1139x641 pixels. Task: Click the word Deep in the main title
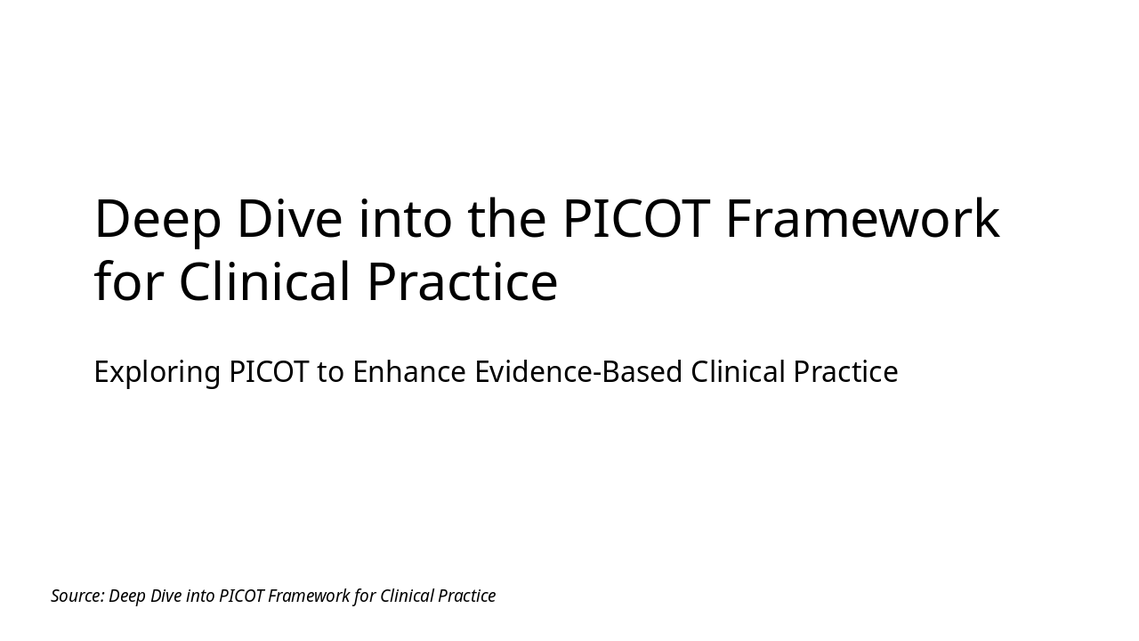click(x=157, y=219)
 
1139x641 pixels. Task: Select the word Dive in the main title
click(x=289, y=219)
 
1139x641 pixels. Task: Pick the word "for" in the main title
click(x=129, y=281)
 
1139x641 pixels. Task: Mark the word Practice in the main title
click(x=462, y=281)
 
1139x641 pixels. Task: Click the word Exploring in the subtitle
click(x=157, y=372)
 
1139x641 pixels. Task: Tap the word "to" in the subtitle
click(x=330, y=372)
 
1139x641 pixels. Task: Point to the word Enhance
click(x=409, y=372)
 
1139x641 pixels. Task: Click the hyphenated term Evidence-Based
click(x=578, y=372)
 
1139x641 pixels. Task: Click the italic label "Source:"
click(x=77, y=596)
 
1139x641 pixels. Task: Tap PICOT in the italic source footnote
click(x=241, y=596)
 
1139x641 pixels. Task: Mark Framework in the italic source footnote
click(x=308, y=596)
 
